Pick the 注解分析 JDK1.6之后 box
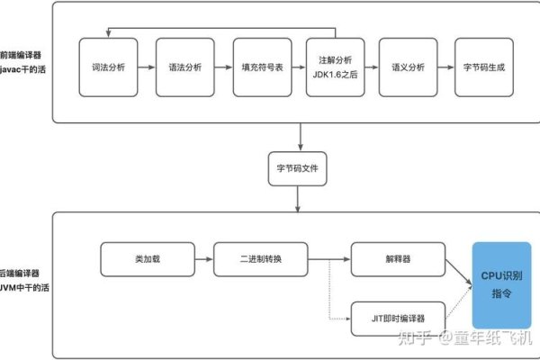pyautogui.click(x=335, y=66)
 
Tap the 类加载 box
pyautogui.click(x=145, y=259)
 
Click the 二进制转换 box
pyautogui.click(x=260, y=259)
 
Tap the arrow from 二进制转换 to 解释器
pyautogui.click(x=328, y=259)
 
